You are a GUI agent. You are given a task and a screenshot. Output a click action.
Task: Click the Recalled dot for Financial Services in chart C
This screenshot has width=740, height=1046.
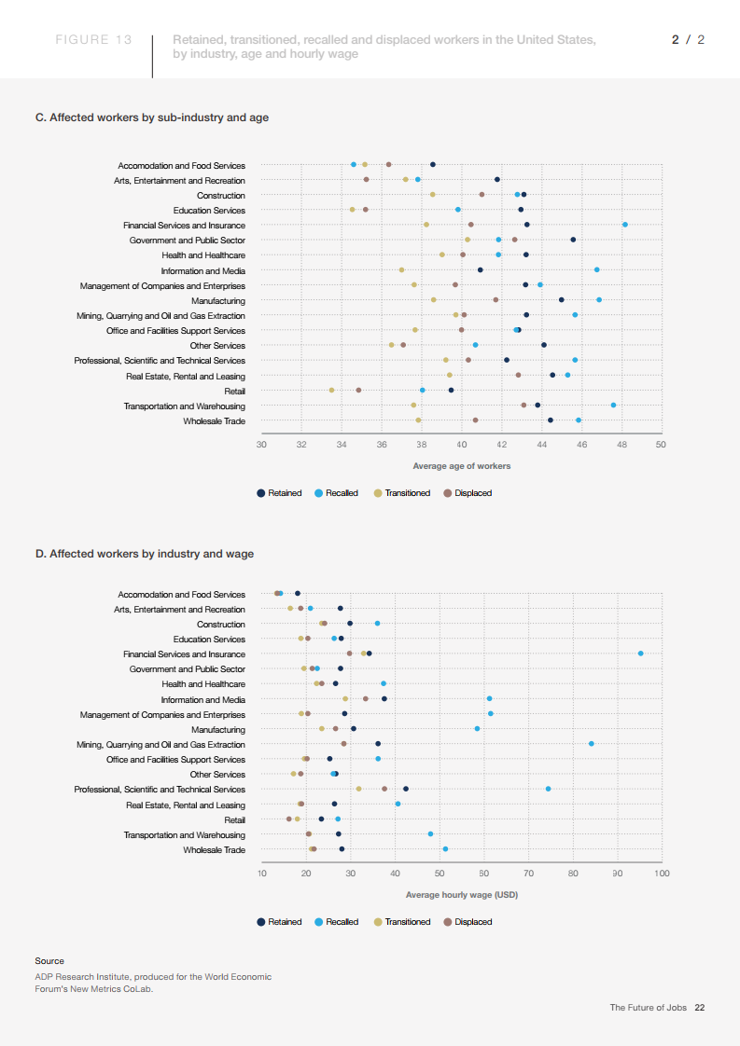coord(625,225)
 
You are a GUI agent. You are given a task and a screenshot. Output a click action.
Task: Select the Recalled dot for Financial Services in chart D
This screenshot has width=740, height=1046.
coord(640,654)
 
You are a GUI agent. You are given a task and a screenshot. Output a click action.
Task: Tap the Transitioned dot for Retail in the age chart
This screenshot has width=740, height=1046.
coord(331,390)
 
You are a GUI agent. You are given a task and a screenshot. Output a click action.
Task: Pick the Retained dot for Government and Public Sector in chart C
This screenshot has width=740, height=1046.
coord(573,240)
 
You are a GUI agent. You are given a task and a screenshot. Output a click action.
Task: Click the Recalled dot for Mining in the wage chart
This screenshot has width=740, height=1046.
coord(592,744)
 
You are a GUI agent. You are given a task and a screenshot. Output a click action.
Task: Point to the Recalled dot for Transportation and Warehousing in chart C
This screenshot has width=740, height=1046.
coord(613,405)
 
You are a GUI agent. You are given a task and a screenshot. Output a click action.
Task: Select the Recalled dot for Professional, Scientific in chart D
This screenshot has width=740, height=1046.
coord(548,789)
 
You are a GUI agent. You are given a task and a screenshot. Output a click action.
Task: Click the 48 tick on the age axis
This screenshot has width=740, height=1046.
coord(621,444)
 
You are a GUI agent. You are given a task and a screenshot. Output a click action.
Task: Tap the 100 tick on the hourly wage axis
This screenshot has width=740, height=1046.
coord(662,873)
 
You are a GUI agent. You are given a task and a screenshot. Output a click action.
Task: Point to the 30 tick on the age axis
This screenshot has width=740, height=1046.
coord(261,444)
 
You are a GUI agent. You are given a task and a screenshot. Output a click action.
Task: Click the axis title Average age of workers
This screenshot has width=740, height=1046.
coord(462,466)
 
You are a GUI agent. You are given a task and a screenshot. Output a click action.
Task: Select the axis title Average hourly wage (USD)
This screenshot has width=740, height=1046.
coord(462,895)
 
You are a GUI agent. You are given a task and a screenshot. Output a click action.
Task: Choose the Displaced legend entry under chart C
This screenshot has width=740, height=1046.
coord(468,493)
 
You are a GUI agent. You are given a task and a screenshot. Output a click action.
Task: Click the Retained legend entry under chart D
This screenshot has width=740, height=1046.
coord(280,922)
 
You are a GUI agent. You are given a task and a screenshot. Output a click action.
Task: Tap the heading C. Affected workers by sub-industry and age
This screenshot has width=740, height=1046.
coord(152,117)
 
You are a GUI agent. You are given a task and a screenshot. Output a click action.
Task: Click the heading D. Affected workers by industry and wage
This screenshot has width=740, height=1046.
coord(145,554)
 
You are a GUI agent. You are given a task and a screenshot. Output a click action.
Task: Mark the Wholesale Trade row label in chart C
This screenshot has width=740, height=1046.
coord(214,421)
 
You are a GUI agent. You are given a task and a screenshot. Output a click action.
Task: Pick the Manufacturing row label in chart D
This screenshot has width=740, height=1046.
coord(218,729)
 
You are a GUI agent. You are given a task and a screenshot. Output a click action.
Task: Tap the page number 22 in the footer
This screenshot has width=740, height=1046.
coord(699,1008)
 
